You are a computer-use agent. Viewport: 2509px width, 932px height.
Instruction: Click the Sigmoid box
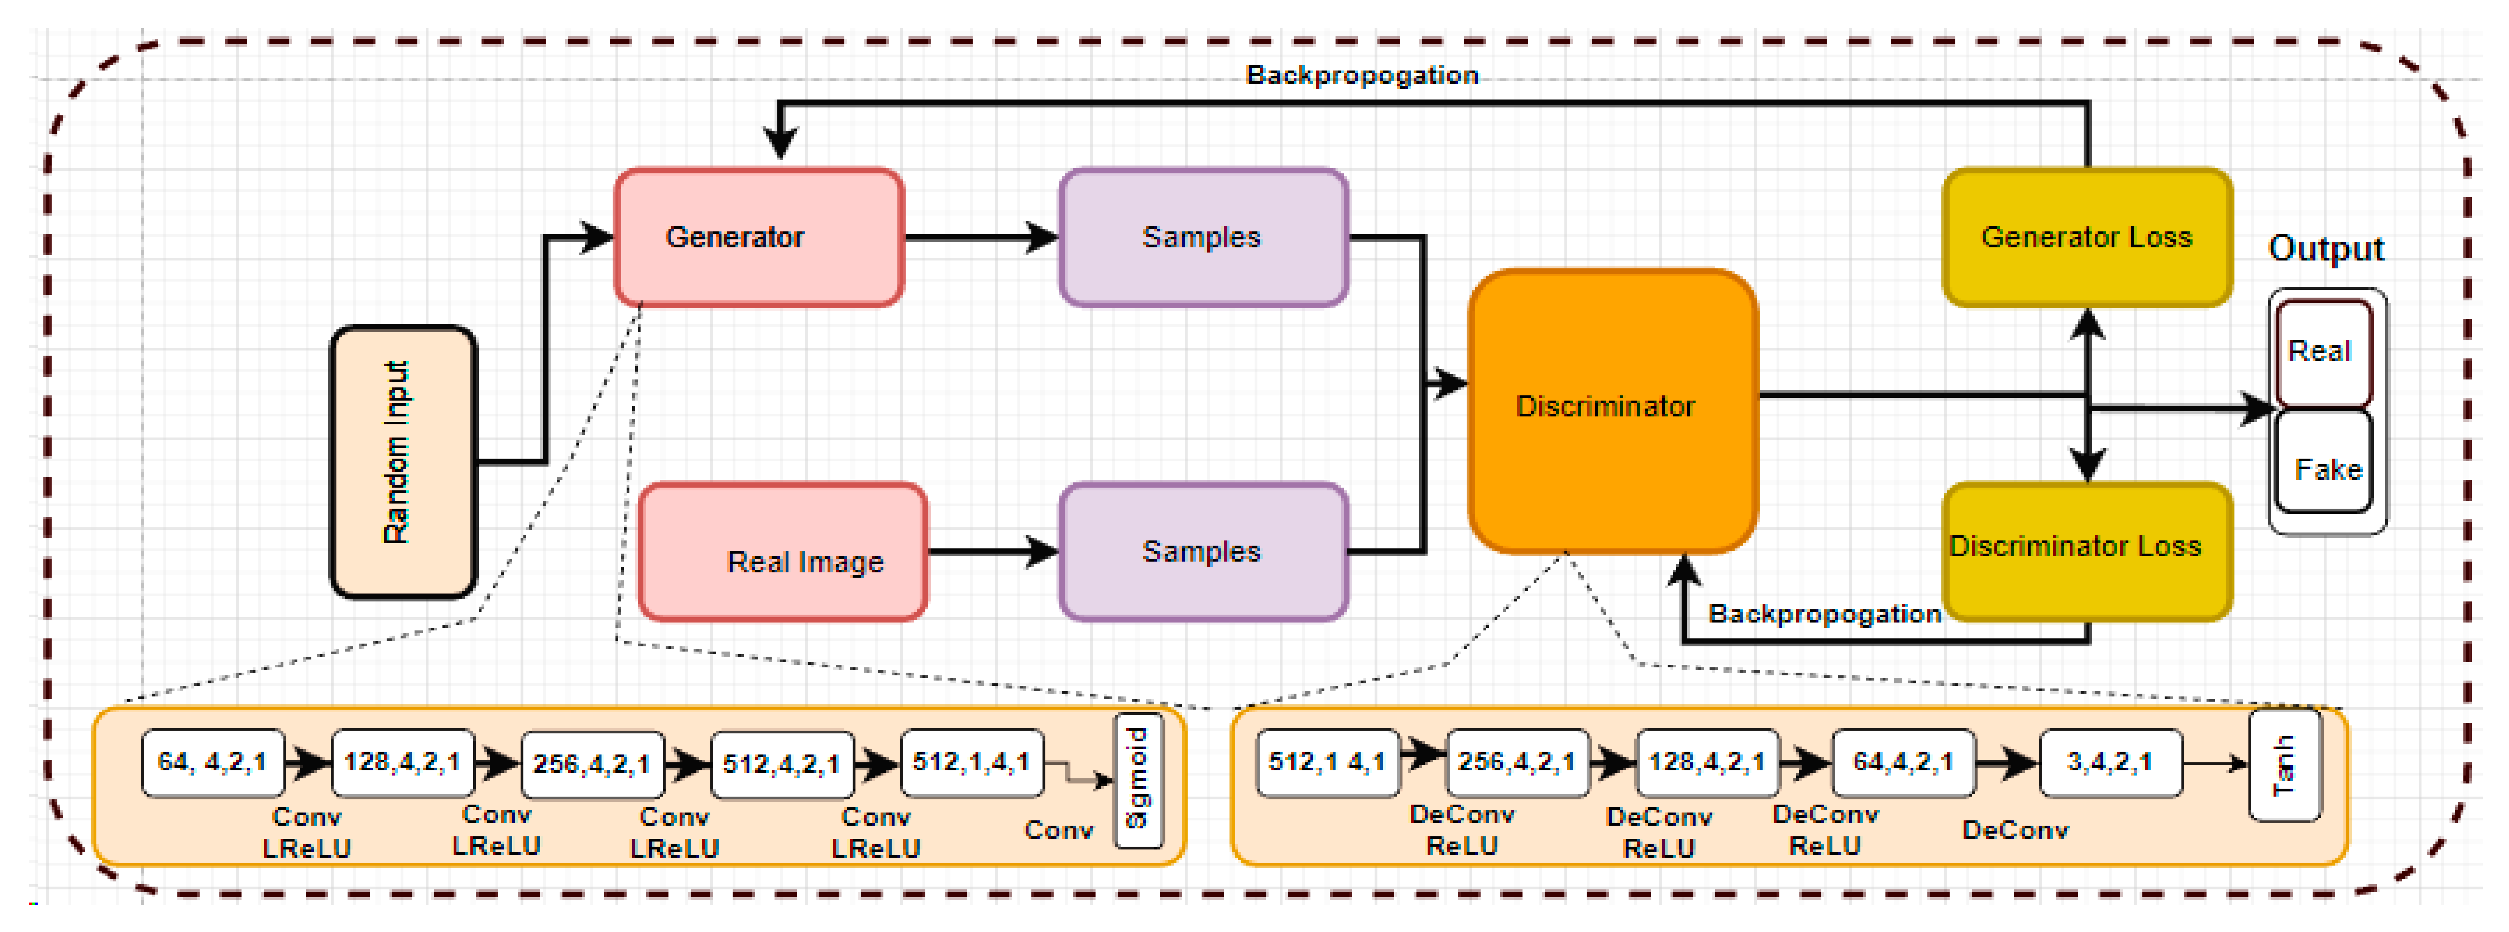(1138, 780)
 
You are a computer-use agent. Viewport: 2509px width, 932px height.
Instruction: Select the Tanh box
(2284, 766)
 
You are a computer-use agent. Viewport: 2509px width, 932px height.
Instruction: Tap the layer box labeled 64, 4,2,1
(212, 763)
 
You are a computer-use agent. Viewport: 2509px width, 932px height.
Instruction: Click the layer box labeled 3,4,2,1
(2110, 763)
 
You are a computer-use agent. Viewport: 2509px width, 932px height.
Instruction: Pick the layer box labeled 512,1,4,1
(971, 763)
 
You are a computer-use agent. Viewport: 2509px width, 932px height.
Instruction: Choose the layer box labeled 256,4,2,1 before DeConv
(1517, 763)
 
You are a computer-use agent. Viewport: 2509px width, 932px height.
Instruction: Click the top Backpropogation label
(1362, 75)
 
